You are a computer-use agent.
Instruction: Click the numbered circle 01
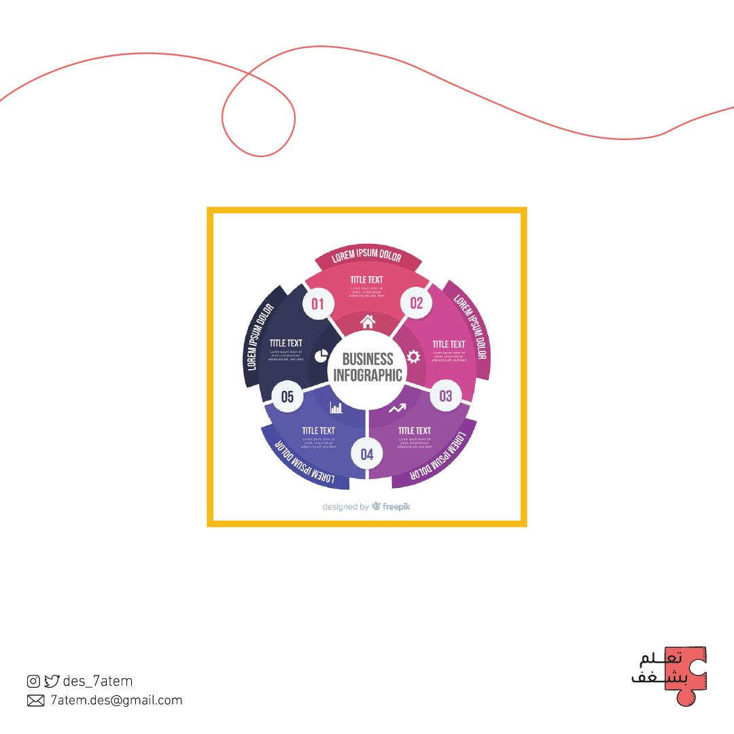click(x=318, y=303)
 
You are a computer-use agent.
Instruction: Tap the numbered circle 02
click(x=416, y=303)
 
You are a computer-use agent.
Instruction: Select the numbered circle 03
click(x=446, y=396)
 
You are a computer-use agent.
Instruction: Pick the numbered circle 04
click(x=367, y=454)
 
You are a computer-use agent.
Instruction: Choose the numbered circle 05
click(x=287, y=396)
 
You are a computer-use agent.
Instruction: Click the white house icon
click(x=367, y=321)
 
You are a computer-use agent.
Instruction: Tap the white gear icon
click(x=413, y=357)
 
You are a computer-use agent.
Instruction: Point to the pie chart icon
click(x=321, y=356)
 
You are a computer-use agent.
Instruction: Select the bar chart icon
click(x=336, y=407)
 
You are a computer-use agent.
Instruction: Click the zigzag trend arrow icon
click(x=398, y=408)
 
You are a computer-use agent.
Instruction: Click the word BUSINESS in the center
click(x=367, y=359)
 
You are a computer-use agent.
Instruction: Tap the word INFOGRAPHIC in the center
click(x=368, y=375)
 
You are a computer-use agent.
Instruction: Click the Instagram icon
click(x=33, y=681)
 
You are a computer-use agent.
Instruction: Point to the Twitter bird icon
click(x=52, y=681)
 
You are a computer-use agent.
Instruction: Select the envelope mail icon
click(x=35, y=701)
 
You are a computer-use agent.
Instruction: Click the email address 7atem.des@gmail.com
click(x=116, y=701)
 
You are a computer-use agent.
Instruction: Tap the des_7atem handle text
click(x=97, y=681)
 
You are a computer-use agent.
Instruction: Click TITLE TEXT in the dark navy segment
click(x=285, y=343)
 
